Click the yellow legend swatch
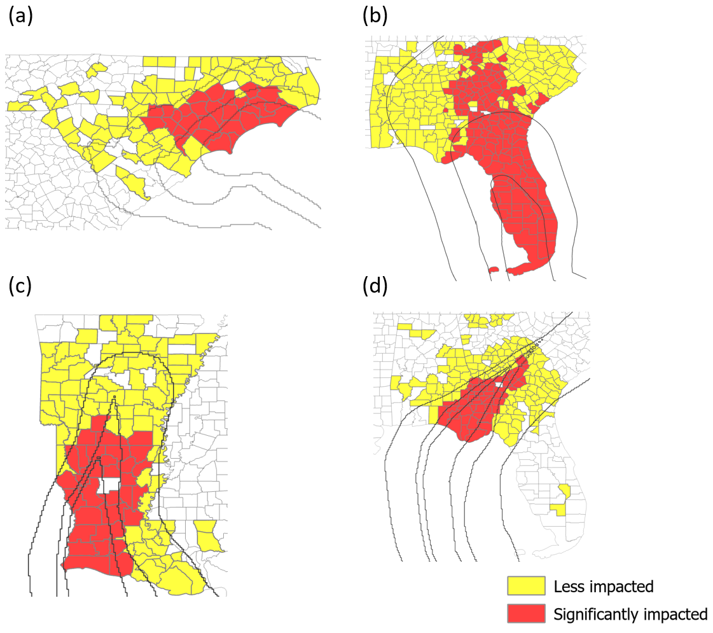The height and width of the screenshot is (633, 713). (x=525, y=586)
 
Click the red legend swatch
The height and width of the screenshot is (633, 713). (x=525, y=614)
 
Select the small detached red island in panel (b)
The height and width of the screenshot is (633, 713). (x=493, y=270)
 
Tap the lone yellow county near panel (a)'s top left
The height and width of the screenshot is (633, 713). (x=97, y=69)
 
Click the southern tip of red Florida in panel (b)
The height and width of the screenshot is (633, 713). (x=522, y=270)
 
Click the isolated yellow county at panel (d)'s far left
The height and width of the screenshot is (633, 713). (x=402, y=386)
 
